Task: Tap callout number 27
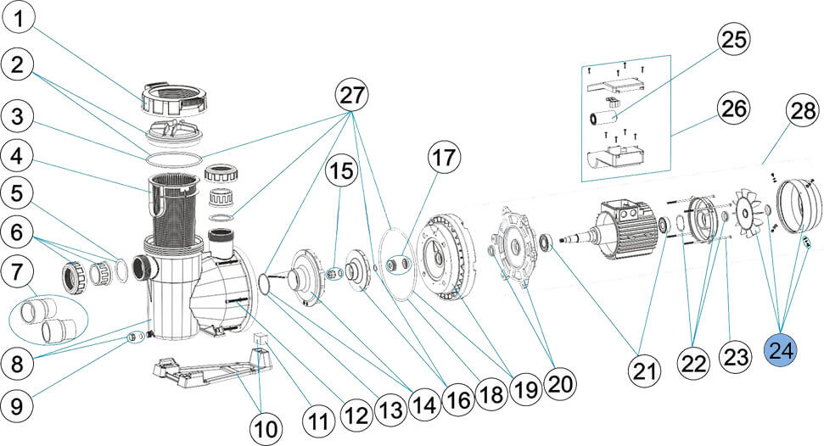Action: pyautogui.click(x=352, y=95)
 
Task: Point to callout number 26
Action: pyautogui.click(x=736, y=107)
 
